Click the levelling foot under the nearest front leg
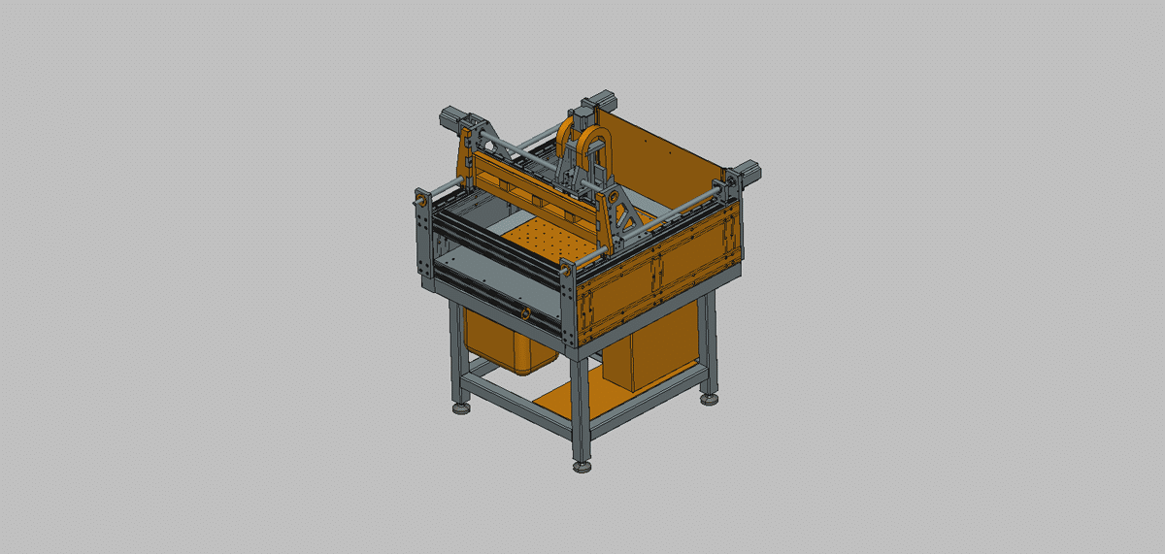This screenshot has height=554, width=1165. (582, 467)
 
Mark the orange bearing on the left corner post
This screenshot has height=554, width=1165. (422, 201)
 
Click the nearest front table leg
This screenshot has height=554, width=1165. (580, 407)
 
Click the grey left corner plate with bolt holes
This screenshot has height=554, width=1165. (423, 238)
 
